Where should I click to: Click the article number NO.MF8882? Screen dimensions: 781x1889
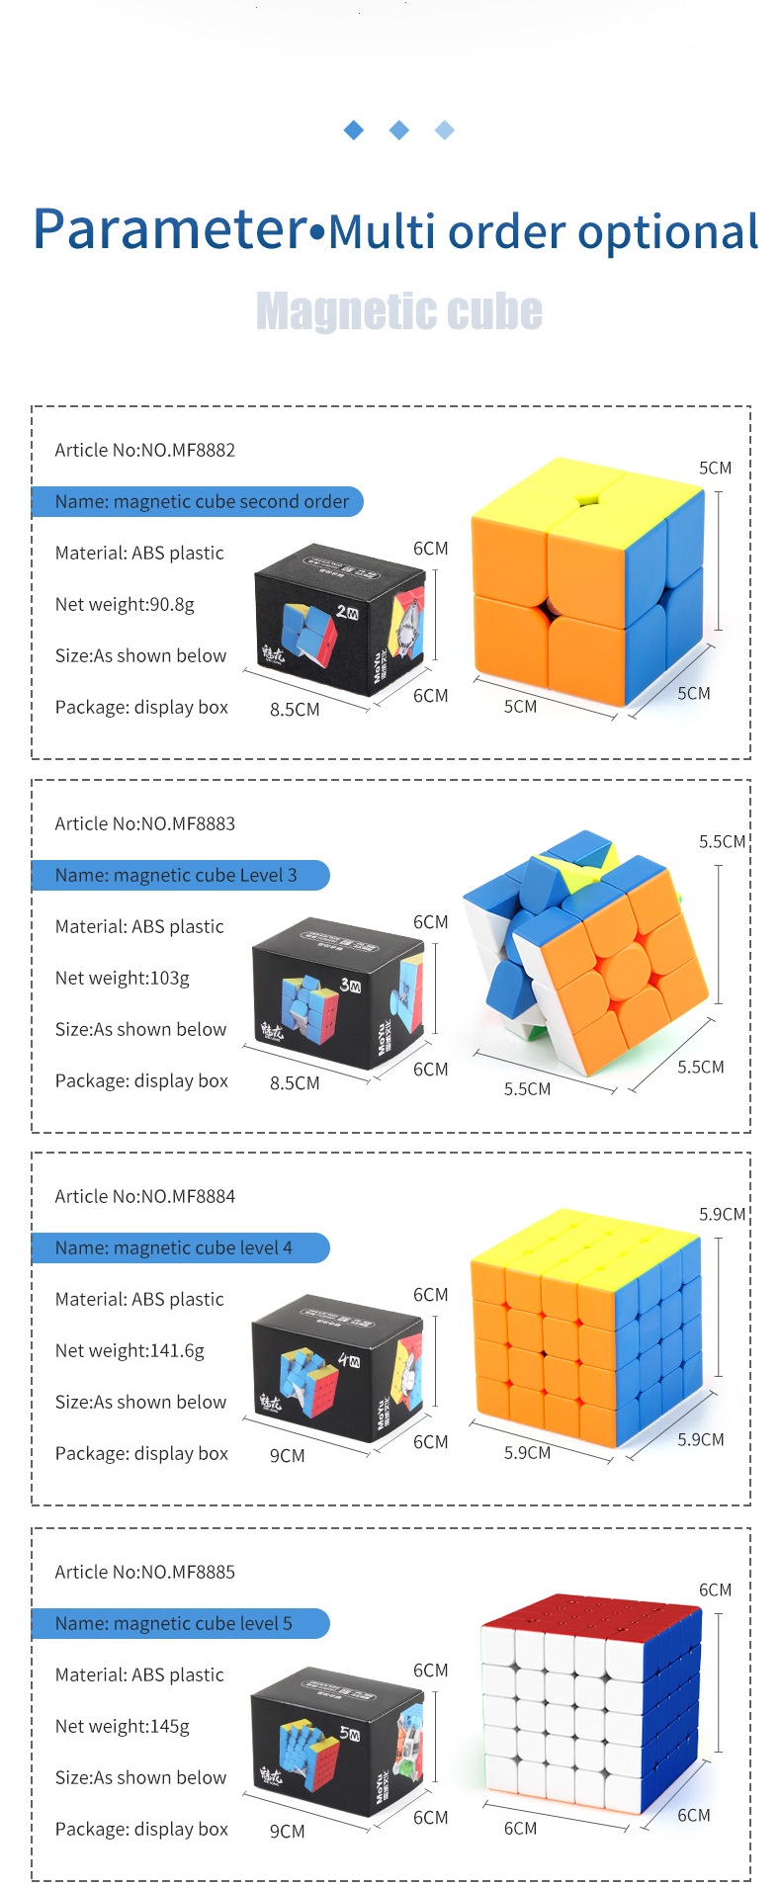point(145,450)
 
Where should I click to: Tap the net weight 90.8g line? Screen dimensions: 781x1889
point(125,604)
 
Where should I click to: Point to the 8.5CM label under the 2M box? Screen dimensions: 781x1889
point(295,710)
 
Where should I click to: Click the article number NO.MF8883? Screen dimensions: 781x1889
point(145,823)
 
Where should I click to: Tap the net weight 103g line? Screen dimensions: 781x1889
point(123,978)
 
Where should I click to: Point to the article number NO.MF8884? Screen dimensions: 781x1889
point(145,1196)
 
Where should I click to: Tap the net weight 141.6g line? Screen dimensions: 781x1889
point(130,1350)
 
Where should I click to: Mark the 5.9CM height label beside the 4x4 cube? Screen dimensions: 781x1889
point(722,1214)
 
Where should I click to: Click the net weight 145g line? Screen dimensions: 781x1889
point(123,1726)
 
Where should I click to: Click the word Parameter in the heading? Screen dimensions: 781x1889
point(170,228)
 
